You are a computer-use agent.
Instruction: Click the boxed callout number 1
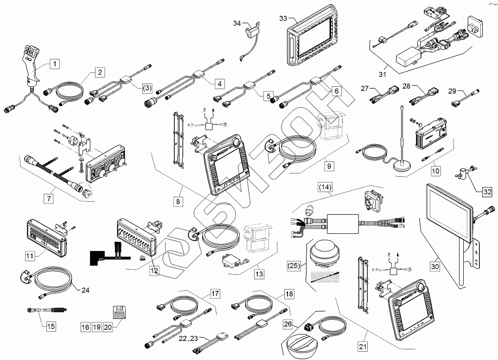coord(55,63)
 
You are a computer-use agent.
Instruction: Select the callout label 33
coord(283,18)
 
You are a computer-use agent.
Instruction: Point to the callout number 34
coord(237,23)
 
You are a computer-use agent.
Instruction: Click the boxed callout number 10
coord(435,171)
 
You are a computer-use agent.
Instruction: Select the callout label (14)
coord(325,187)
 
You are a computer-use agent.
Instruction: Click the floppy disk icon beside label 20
coord(120,311)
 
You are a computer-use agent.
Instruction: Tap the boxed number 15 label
coord(50,326)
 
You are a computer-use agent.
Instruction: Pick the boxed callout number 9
coord(328,165)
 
